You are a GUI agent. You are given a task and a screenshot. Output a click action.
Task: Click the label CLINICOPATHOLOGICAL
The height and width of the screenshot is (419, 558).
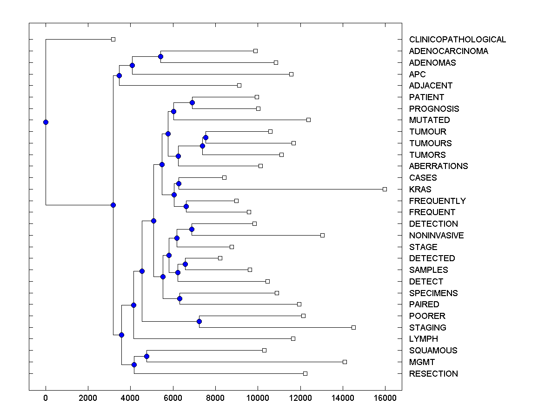pyautogui.click(x=457, y=40)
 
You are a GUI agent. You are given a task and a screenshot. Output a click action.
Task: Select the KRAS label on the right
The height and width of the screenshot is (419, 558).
pyautogui.click(x=420, y=189)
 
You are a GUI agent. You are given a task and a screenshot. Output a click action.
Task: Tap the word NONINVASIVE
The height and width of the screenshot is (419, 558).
pyautogui.click(x=436, y=236)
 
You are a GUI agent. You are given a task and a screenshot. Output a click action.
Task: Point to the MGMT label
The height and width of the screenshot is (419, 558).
pyautogui.click(x=422, y=362)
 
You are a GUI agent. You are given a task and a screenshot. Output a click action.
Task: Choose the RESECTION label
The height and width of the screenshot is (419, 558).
pyautogui.click(x=433, y=374)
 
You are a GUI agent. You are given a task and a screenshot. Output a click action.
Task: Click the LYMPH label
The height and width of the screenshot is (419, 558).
pyautogui.click(x=423, y=339)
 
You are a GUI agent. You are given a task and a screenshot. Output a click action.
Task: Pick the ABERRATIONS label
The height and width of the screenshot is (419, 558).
pyautogui.click(x=438, y=166)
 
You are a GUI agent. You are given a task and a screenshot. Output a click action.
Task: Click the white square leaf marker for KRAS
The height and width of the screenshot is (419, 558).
pyautogui.click(x=385, y=189)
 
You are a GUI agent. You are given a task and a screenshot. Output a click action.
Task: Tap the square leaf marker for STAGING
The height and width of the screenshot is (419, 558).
pyautogui.click(x=353, y=328)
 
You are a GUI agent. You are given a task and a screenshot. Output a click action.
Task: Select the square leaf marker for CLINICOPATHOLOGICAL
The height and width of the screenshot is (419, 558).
pyautogui.click(x=113, y=40)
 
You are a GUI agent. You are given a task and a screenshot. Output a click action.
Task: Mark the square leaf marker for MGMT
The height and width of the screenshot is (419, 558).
pyautogui.click(x=345, y=362)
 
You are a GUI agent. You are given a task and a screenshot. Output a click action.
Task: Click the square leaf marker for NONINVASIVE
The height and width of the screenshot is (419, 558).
pyautogui.click(x=322, y=235)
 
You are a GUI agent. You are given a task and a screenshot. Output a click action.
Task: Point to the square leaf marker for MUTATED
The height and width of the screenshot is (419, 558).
pyautogui.click(x=308, y=120)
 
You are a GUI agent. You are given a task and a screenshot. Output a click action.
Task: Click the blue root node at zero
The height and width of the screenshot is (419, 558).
pyautogui.click(x=46, y=122)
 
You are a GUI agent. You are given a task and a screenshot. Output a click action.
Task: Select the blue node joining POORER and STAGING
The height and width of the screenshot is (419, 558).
pyautogui.click(x=199, y=321)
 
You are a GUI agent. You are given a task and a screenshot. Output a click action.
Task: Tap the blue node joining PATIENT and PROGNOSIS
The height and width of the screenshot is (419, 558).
pyautogui.click(x=192, y=102)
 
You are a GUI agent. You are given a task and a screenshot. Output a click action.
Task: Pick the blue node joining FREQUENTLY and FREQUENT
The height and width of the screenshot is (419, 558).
pyautogui.click(x=186, y=206)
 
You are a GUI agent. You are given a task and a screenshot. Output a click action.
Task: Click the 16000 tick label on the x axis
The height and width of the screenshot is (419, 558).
pyautogui.click(x=385, y=398)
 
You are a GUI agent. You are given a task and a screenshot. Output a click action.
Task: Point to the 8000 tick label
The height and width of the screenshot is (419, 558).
pyautogui.click(x=215, y=398)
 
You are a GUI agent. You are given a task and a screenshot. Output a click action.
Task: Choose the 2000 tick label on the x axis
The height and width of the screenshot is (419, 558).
pyautogui.click(x=88, y=398)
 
